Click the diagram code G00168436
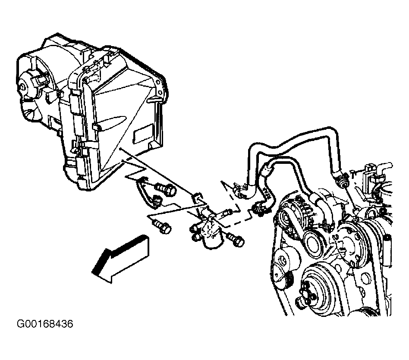pyautogui.click(x=45, y=324)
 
